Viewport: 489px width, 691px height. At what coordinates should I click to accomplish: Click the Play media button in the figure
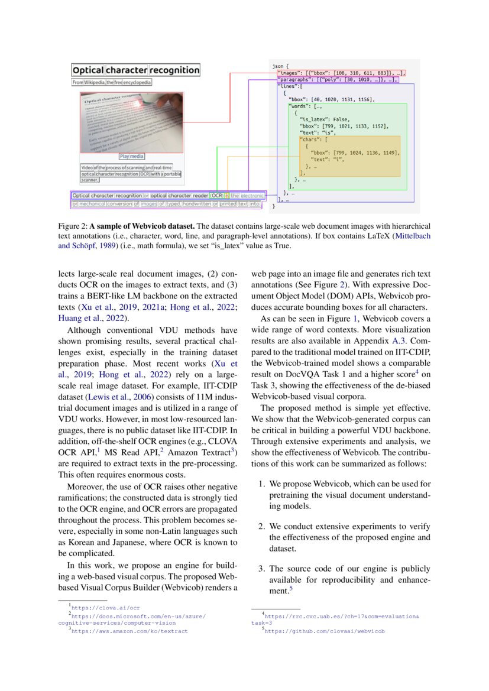131,156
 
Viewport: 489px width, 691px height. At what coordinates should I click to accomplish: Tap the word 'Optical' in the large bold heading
88,70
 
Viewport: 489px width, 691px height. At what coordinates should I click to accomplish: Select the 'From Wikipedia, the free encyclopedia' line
112,83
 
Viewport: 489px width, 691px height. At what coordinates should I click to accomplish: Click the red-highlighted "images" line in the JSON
340,72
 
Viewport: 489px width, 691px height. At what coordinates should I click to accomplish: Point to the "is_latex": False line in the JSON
320,119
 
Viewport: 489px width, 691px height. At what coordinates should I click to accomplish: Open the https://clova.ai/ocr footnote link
105,607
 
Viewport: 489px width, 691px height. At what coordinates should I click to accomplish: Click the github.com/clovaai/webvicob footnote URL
324,631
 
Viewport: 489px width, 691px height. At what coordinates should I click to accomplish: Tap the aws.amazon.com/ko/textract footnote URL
129,631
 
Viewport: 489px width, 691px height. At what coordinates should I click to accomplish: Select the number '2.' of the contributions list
263,526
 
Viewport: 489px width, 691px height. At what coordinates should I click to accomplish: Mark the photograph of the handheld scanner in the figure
131,122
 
